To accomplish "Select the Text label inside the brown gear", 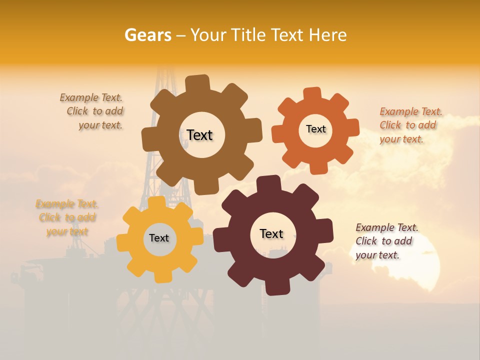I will [x=199, y=135].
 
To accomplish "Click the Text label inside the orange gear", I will [x=315, y=129].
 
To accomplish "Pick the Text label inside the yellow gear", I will [x=159, y=238].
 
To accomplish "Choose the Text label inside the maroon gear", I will [x=271, y=233].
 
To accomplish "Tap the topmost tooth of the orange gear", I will [x=311, y=94].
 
